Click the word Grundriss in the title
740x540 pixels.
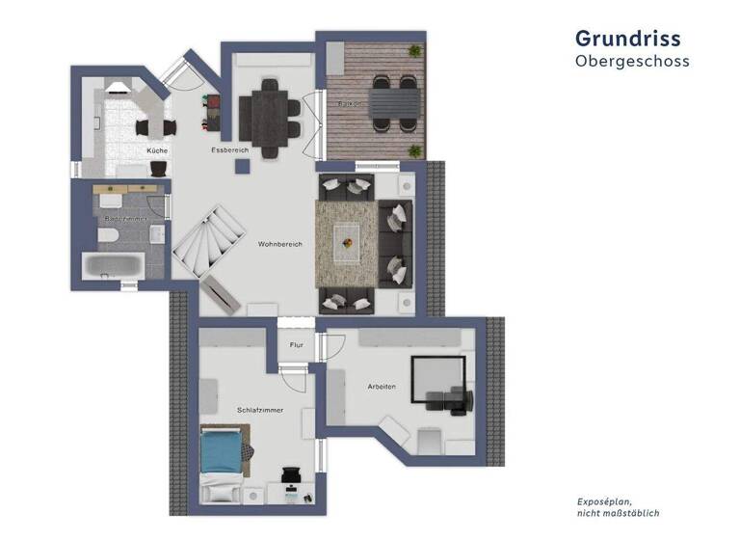[x=627, y=38]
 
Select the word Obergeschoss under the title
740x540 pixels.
[x=632, y=61]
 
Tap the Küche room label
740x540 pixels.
[x=158, y=151]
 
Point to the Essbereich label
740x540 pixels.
[x=230, y=151]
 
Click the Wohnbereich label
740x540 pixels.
[x=279, y=244]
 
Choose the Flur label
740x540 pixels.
[x=296, y=344]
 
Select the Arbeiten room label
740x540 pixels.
[x=382, y=387]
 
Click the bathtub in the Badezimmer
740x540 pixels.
[x=114, y=266]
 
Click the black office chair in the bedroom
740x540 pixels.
[x=291, y=475]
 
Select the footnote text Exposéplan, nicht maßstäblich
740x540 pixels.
[x=617, y=507]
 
